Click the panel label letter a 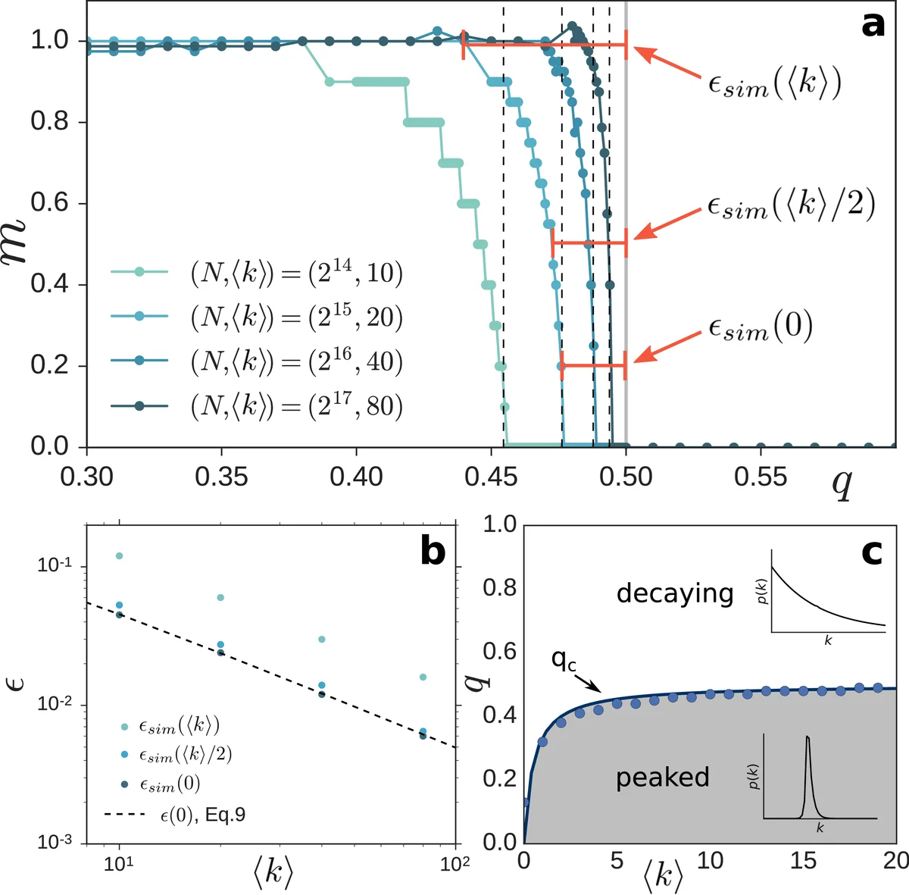873,24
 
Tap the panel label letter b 433,551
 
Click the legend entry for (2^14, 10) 295,272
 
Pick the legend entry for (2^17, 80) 295,406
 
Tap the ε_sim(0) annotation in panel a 760,327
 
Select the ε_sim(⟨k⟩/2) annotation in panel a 791,205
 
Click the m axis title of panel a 17,239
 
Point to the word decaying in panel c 674,593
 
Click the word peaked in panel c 662,778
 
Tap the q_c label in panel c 564,661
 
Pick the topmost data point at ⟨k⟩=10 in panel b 119,556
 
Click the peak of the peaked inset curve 807,737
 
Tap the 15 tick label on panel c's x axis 803,861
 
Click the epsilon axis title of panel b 17,684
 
